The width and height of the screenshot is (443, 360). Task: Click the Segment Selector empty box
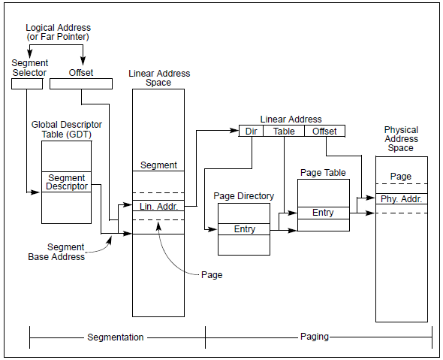[x=27, y=84]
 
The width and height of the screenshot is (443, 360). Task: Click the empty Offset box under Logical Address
[x=81, y=84]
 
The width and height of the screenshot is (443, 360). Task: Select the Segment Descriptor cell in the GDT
[x=66, y=182]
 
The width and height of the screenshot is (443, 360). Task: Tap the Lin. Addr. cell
[x=158, y=206]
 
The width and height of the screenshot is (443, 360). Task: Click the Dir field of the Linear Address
[x=252, y=132]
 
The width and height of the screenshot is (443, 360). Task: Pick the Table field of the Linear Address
[x=284, y=132]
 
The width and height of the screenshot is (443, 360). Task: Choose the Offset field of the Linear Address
[x=324, y=132]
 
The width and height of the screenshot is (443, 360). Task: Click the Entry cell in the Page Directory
[x=244, y=229]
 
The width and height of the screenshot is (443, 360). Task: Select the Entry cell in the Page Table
[x=324, y=213]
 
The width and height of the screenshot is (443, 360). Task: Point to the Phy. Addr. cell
[x=402, y=199]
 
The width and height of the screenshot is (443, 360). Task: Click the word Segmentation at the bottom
[x=116, y=337]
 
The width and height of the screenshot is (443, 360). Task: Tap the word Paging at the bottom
[x=315, y=337]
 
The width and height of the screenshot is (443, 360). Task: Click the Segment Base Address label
[x=56, y=252]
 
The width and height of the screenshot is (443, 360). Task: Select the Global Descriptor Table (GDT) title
[x=67, y=129]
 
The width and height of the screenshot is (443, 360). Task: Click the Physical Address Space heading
[x=401, y=139]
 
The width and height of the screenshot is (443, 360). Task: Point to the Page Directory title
[x=244, y=196]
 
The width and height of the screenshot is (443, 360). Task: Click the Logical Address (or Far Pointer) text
[x=59, y=32]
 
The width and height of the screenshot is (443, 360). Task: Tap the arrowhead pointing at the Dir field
[x=235, y=130]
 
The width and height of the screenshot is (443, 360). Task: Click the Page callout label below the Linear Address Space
[x=212, y=275]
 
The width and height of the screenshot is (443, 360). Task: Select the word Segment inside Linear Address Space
[x=158, y=165]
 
